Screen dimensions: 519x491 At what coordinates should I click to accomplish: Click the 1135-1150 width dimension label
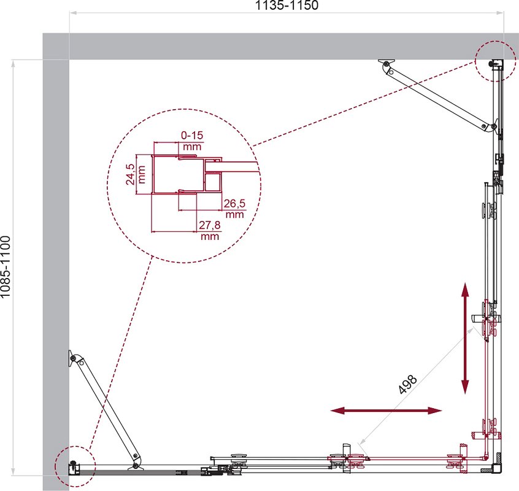click(287, 6)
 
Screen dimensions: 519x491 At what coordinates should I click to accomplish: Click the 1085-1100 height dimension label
click(6, 266)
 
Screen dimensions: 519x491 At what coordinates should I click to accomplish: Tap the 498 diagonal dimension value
click(408, 384)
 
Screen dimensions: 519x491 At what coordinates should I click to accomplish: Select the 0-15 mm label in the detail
click(192, 141)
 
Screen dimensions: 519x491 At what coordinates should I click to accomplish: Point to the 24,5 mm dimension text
click(136, 174)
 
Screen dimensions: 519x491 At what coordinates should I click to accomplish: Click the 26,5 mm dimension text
click(234, 209)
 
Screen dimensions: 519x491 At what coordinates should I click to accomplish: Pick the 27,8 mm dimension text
click(210, 230)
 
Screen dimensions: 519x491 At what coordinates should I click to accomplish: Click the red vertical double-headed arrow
click(465, 338)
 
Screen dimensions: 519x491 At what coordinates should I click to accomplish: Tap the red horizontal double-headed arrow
click(386, 411)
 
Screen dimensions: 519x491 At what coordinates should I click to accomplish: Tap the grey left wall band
click(56, 261)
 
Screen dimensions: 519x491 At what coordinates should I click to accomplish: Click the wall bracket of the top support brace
click(386, 61)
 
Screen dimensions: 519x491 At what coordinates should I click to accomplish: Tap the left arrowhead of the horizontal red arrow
click(338, 411)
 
